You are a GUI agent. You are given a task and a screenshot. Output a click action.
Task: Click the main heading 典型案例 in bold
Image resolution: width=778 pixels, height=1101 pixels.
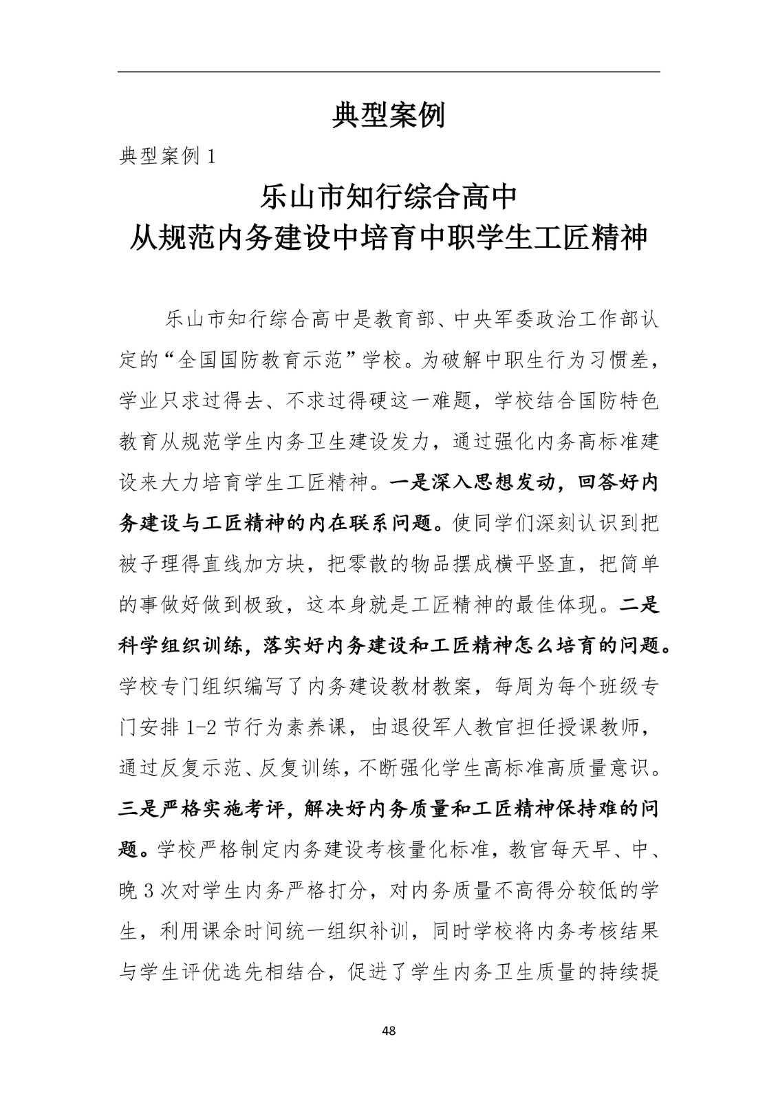(x=389, y=115)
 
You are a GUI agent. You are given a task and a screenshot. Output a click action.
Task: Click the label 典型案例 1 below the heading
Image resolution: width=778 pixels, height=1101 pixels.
(x=169, y=157)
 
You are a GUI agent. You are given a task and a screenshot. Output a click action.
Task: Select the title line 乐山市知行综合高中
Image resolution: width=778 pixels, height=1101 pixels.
(x=389, y=197)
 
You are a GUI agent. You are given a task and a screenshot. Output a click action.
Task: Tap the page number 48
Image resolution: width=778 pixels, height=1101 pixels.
(x=389, y=1030)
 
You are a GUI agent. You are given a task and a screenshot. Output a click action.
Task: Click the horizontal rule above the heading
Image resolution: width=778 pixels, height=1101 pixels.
(x=389, y=72)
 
